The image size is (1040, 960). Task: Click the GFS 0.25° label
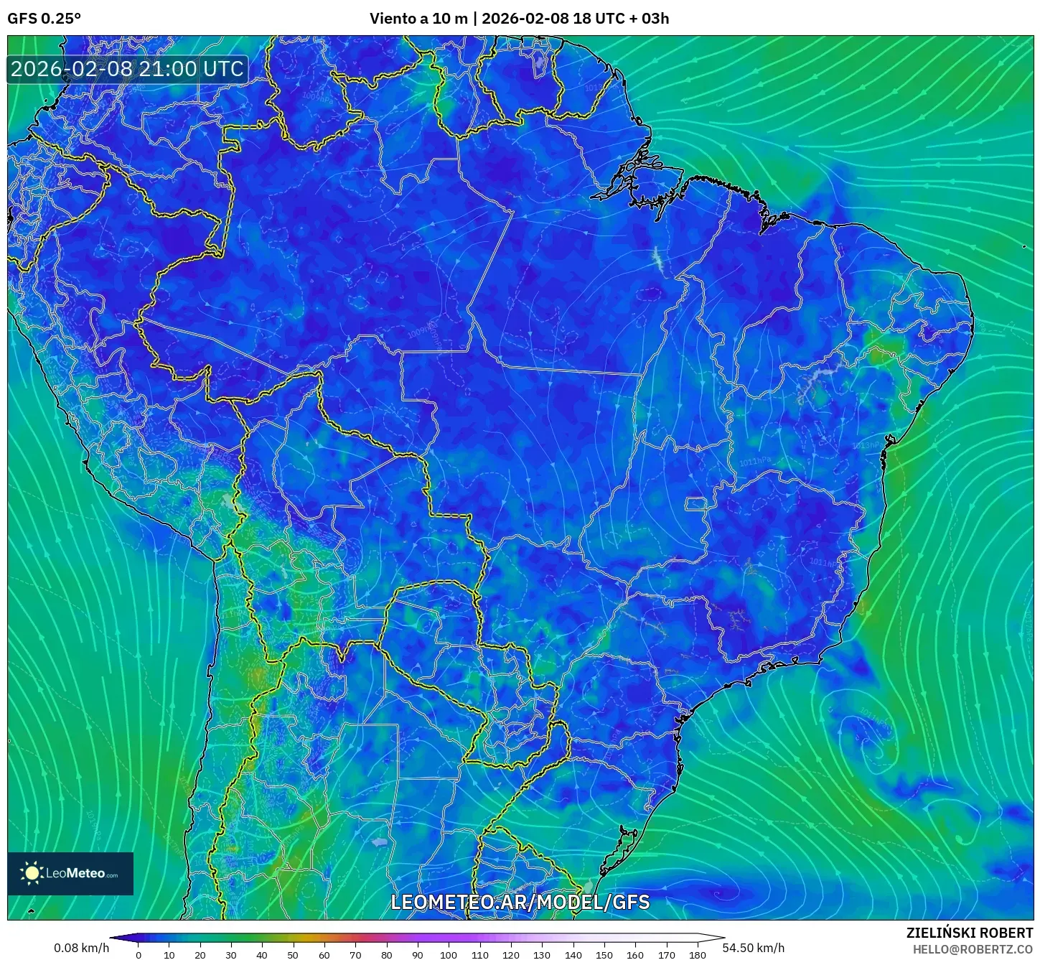[x=44, y=19]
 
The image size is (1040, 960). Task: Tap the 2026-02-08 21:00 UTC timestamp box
[x=127, y=69]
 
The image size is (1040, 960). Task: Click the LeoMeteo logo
[x=70, y=873]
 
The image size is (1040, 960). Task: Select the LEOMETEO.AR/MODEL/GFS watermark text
[x=520, y=902]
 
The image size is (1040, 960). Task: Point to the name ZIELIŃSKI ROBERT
[x=969, y=933]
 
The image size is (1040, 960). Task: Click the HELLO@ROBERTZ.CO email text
[x=973, y=949]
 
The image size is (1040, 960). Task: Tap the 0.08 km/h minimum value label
[x=81, y=948]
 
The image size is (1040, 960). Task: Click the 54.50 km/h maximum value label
[x=753, y=948]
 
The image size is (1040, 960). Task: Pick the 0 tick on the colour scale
[x=139, y=954]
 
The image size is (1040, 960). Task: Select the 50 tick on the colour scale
[x=293, y=954]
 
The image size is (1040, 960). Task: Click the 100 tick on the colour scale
[x=449, y=954]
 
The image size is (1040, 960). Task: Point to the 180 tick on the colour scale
[x=698, y=954]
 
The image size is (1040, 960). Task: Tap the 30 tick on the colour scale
[x=231, y=954]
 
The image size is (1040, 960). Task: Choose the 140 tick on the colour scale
[x=573, y=954]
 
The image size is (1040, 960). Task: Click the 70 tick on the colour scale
[x=355, y=954]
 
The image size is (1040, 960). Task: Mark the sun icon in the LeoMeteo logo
[x=32, y=873]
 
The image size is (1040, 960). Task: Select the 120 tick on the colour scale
[x=511, y=954]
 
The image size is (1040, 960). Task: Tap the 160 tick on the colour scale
[x=635, y=954]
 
